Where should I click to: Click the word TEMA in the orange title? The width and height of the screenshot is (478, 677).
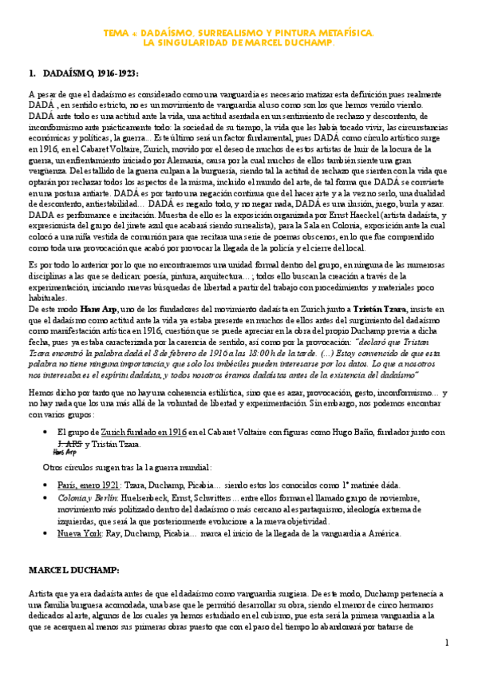point(117,33)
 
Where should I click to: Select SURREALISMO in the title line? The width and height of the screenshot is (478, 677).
point(231,33)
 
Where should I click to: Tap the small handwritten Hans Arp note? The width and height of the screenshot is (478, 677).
point(65,452)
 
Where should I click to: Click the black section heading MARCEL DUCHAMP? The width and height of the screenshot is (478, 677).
point(73,572)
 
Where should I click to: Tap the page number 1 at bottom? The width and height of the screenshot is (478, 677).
point(447,643)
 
